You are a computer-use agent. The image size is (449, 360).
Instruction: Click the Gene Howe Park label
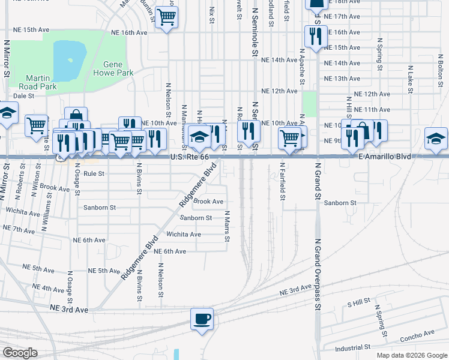(x=109, y=68)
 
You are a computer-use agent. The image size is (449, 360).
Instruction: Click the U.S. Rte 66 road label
(x=189, y=157)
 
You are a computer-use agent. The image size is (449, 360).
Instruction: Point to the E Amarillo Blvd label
(x=384, y=157)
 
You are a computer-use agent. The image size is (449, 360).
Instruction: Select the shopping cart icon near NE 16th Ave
(x=166, y=17)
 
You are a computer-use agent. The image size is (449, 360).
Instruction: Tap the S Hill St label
(x=358, y=304)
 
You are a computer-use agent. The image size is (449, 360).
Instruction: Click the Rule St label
(x=94, y=173)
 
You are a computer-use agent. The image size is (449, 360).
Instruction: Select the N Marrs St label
(x=228, y=226)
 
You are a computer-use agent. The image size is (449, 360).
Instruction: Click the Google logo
(x=19, y=352)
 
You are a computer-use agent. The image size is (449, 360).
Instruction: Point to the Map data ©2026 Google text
(x=411, y=355)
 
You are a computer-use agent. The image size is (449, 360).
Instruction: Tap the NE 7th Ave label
(x=19, y=229)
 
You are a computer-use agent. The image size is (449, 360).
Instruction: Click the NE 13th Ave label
(x=342, y=79)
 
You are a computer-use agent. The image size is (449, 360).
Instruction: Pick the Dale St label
(x=24, y=95)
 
